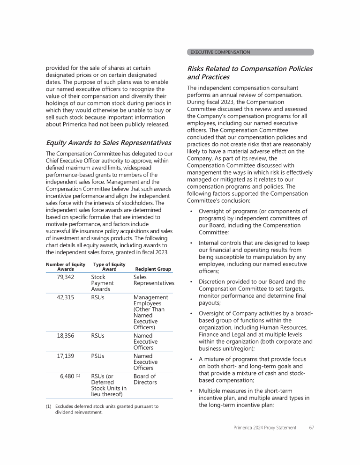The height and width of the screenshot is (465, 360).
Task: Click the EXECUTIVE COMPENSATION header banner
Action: (x=250, y=52)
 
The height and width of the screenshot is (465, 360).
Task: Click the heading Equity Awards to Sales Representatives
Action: (x=108, y=143)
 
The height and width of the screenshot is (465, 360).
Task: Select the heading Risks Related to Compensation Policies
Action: (x=249, y=73)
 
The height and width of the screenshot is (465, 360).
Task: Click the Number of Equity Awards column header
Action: (x=66, y=267)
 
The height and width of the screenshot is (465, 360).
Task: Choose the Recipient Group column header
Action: (x=153, y=269)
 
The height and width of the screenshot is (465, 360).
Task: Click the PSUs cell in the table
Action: (x=97, y=356)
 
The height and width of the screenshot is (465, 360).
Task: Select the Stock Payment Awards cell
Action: (x=102, y=283)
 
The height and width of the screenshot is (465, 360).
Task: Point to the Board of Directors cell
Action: (x=145, y=379)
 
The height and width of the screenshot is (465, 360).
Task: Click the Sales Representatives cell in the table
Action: (x=153, y=280)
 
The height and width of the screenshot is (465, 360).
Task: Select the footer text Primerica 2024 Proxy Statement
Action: (x=265, y=428)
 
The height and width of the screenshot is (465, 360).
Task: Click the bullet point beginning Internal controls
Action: (x=253, y=257)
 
